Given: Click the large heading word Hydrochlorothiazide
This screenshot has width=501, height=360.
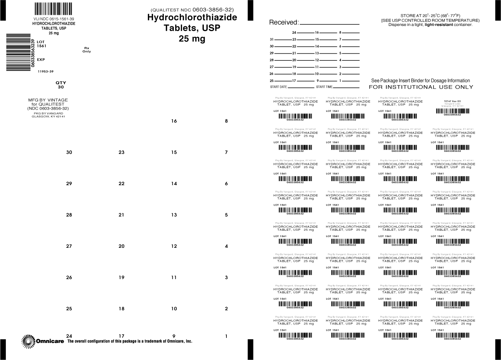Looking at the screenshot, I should (x=192, y=17).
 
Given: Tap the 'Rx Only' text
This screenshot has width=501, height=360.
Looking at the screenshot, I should (x=87, y=50).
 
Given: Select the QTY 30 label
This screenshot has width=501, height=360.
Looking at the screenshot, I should (x=61, y=85).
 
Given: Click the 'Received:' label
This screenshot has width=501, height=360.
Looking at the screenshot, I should (x=283, y=22).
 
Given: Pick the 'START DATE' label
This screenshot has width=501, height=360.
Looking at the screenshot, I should (x=279, y=87).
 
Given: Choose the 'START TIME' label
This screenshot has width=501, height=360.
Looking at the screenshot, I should (x=324, y=87).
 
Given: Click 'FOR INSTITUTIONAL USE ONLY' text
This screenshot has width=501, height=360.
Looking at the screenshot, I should (x=421, y=87).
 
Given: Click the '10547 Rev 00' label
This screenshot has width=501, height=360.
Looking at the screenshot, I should (x=452, y=101).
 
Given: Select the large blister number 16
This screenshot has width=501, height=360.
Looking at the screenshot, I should (x=174, y=121).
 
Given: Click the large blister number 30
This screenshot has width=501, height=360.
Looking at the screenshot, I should (x=69, y=152).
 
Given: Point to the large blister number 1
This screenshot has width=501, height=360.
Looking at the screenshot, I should (x=226, y=336).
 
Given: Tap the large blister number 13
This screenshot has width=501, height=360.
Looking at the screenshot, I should (x=174, y=215).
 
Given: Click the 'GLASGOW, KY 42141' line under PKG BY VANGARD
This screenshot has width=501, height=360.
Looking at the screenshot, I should (x=48, y=117).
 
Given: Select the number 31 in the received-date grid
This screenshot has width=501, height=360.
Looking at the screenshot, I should (x=272, y=40).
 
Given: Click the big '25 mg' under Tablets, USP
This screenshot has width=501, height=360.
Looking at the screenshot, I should (x=192, y=39).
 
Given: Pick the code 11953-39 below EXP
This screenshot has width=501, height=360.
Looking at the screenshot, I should (x=46, y=71).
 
